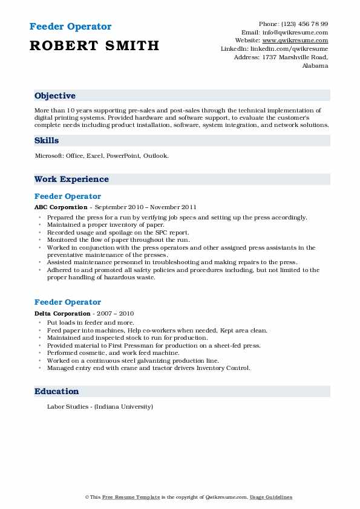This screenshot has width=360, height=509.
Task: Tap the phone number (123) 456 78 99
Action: pyautogui.click(x=303, y=24)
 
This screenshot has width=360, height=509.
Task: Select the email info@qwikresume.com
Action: pyautogui.click(x=294, y=32)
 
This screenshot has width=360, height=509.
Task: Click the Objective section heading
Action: pyautogui.click(x=55, y=96)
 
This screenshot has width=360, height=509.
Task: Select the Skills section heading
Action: pyautogui.click(x=47, y=141)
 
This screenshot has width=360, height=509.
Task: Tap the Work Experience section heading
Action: pyautogui.click(x=71, y=180)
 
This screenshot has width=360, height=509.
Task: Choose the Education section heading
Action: pyautogui.click(x=56, y=392)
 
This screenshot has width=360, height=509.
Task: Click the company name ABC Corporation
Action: pyautogui.click(x=61, y=207)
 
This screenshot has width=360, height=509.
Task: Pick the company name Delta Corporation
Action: pyautogui.click(x=62, y=314)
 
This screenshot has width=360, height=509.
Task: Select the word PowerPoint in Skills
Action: pyautogui.click(x=123, y=155)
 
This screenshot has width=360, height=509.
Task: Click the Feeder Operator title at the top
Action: pyautogui.click(x=70, y=27)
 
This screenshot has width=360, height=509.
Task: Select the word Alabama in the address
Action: pyautogui.click(x=315, y=66)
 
